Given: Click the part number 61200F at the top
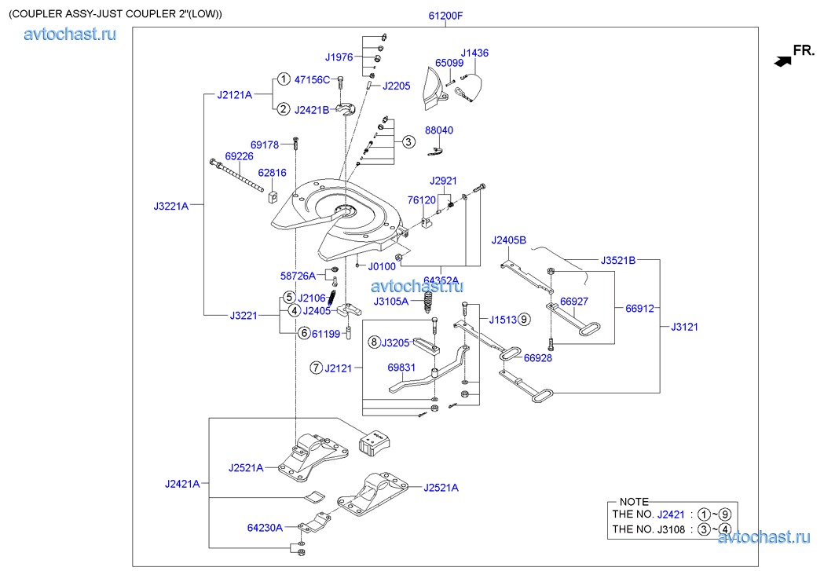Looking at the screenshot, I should click(x=445, y=15).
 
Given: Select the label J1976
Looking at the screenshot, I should click(x=339, y=57).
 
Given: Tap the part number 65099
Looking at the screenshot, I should click(x=449, y=62).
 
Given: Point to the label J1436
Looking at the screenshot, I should click(x=474, y=53).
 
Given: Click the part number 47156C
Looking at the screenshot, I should click(x=312, y=80).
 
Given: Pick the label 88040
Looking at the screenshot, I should click(x=439, y=130).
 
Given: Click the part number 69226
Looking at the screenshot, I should click(x=239, y=156).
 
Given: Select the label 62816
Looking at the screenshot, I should click(x=272, y=172).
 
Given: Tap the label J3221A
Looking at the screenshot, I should click(x=171, y=207).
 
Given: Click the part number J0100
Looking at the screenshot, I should click(x=382, y=267).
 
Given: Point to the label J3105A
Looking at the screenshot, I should click(x=390, y=302).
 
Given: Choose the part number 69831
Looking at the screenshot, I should click(x=401, y=367).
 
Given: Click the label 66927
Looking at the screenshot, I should click(x=574, y=301).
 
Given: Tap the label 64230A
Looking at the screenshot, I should click(x=265, y=528).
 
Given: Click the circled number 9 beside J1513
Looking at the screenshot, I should click(x=524, y=319).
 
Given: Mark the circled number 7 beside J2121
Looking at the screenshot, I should click(x=316, y=367).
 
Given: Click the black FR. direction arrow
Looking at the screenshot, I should click(x=782, y=60).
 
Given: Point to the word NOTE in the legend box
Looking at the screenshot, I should click(x=634, y=501).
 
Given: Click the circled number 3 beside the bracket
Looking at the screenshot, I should click(x=408, y=142).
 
